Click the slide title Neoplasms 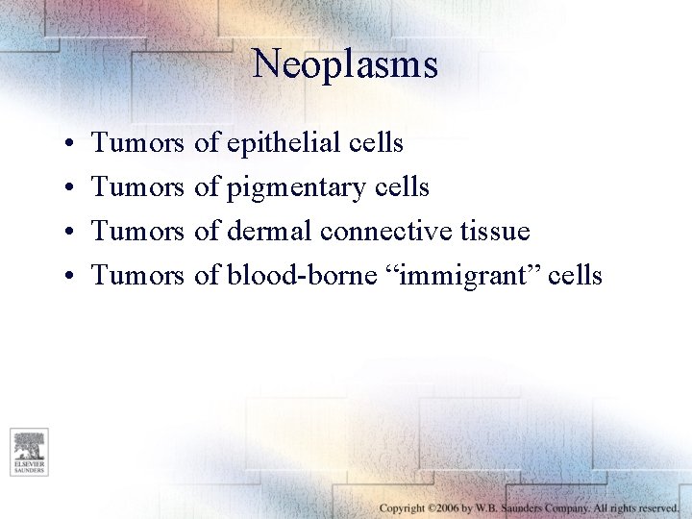point(345,64)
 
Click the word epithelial point(283,143)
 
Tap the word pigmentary point(296,187)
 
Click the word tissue point(495,232)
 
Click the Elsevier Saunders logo point(29,452)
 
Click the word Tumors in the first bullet point(137,143)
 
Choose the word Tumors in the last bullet point(137,276)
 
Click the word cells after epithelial point(376,143)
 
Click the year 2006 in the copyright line point(443,507)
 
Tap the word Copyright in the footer point(403,507)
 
